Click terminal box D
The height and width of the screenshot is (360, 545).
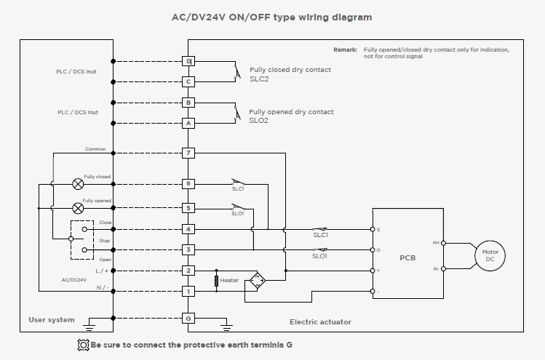tap(188, 61)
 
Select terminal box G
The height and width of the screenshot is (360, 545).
tap(188, 318)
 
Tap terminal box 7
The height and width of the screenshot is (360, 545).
tap(188, 153)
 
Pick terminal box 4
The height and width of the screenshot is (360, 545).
tap(188, 229)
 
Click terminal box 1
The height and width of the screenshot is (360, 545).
tap(188, 291)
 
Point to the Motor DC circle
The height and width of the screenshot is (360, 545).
tap(490, 256)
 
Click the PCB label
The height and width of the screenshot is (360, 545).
tap(407, 258)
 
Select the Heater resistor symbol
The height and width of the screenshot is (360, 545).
tap(217, 281)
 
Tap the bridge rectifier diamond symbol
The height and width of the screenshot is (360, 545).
tap(258, 281)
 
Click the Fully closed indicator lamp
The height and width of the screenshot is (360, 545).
tap(78, 184)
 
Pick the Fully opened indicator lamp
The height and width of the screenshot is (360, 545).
tap(78, 208)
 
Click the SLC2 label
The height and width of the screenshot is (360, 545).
tap(259, 79)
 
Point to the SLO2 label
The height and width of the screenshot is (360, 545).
tap(258, 121)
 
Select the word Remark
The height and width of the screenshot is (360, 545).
tap(345, 49)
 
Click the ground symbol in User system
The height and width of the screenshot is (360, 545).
tap(89, 324)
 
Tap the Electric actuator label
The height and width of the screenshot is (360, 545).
tap(320, 321)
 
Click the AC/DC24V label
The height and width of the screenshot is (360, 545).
tap(74, 280)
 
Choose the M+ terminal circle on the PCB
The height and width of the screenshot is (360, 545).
tap(443, 243)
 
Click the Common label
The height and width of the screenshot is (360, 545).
tap(95, 148)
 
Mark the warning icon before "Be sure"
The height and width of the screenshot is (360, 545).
tap(83, 345)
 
